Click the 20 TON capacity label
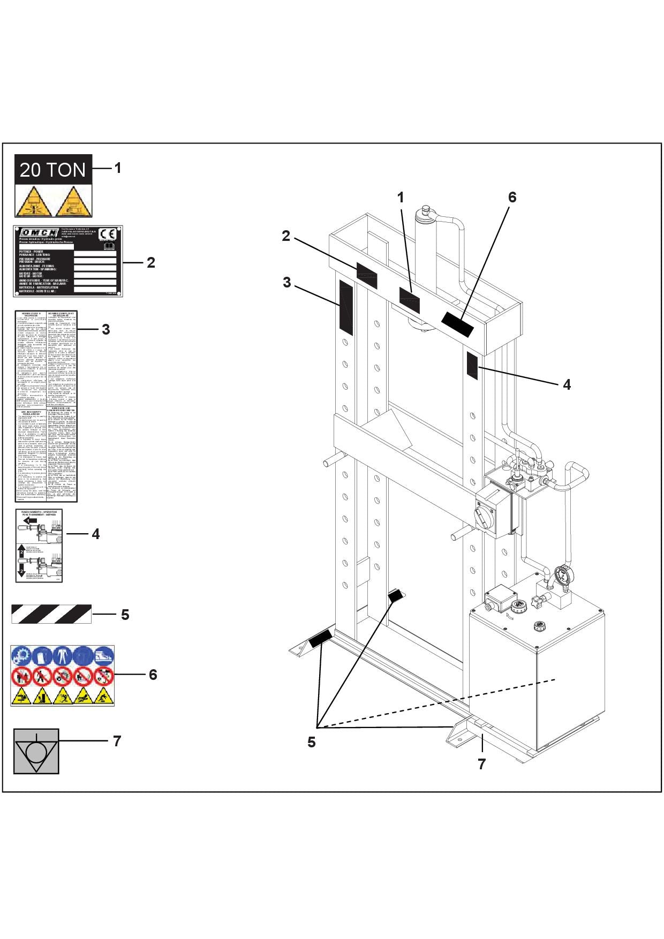54,170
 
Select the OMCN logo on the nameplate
39,233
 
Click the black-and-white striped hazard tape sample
51,614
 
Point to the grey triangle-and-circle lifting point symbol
36,751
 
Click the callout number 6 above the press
512,198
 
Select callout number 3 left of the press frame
287,282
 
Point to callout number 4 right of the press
567,384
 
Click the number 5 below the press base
311,742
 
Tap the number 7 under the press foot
481,764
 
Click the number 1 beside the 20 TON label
117,168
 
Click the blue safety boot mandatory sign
104,656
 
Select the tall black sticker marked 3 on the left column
346,306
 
